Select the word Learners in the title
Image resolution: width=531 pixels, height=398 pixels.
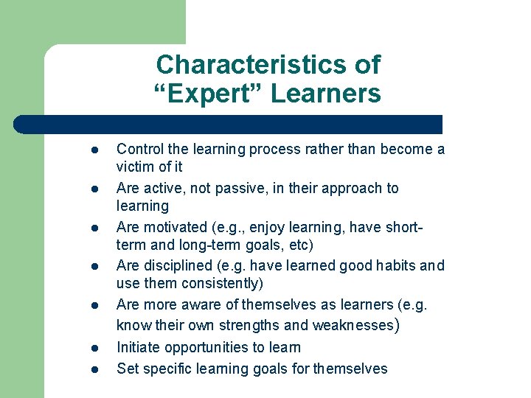click(326, 94)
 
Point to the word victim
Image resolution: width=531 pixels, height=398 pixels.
click(134, 167)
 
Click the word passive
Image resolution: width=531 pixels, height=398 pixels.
click(243, 188)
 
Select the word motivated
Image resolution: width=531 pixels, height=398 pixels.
click(176, 228)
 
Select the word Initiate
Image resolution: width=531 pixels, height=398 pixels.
click(139, 347)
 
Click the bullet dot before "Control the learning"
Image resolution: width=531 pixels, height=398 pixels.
click(94, 150)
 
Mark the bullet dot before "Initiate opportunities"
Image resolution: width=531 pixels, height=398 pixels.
click(94, 348)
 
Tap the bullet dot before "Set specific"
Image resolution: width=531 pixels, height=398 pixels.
click(94, 369)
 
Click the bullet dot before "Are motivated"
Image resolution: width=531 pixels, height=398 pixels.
click(94, 228)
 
